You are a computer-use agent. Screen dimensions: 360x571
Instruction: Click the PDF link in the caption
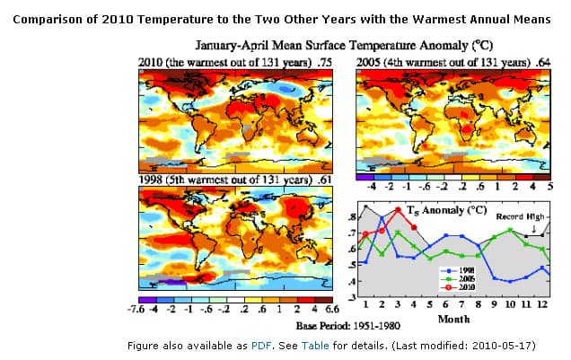click(259, 344)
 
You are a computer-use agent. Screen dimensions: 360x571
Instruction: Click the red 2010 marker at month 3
click(397, 209)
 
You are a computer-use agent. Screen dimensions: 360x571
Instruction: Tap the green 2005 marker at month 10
click(509, 230)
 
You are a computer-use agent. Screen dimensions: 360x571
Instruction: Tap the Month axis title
click(453, 318)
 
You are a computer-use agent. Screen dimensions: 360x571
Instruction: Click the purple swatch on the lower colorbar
click(146, 299)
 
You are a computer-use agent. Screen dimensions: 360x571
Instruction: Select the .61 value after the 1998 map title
click(324, 180)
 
